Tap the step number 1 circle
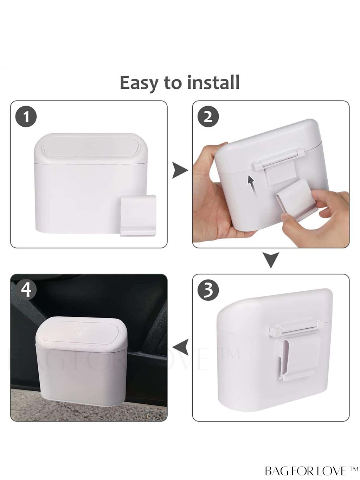coord(26,117)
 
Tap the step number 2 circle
coord(208,117)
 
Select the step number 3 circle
coord(208,290)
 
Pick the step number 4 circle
coord(26,290)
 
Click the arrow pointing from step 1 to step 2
coord(180,170)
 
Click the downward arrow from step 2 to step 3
coord(271,260)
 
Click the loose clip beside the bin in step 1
coord(138,215)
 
